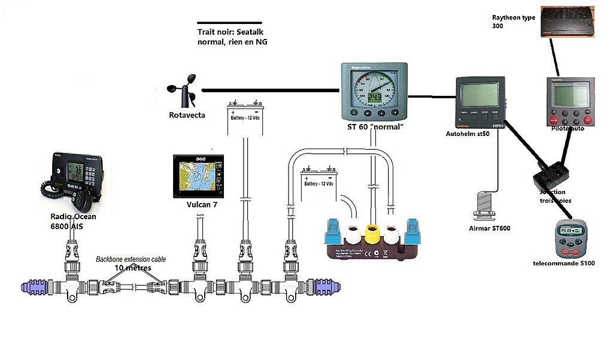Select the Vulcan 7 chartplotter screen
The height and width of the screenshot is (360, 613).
click(x=198, y=177)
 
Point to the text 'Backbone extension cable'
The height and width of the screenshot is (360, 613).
click(x=131, y=259)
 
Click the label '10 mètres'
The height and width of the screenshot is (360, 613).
click(x=130, y=268)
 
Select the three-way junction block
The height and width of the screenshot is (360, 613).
click(x=551, y=174)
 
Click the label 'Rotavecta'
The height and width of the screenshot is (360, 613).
click(x=187, y=114)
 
